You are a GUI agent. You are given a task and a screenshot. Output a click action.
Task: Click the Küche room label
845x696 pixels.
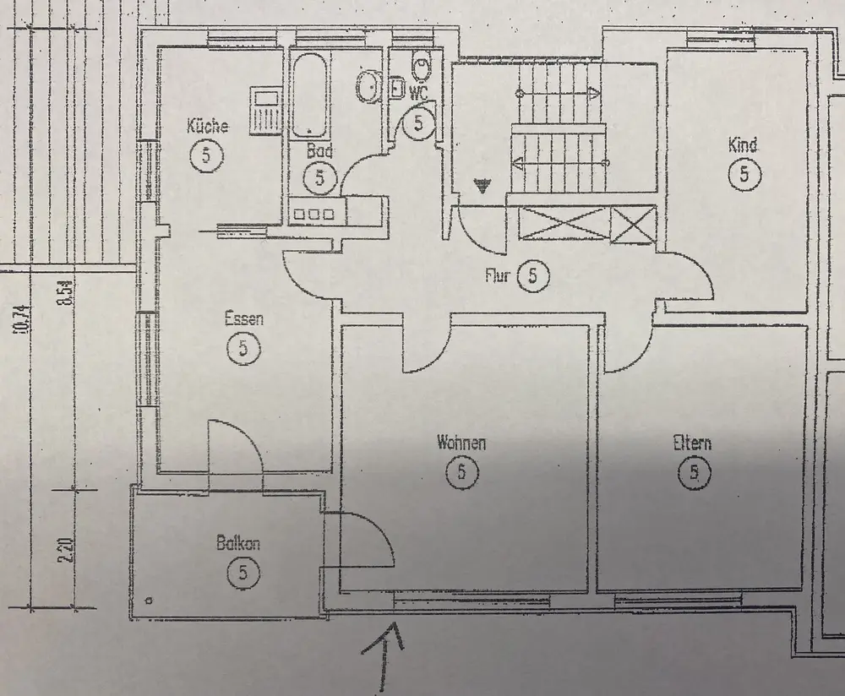tap(207, 128)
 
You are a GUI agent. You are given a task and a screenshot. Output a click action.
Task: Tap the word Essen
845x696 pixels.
tap(243, 319)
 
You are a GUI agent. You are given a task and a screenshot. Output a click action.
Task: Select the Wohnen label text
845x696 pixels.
tap(461, 443)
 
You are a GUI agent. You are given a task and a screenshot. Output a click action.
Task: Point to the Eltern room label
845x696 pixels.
tap(692, 443)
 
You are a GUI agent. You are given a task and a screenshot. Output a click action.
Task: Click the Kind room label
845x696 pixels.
tap(743, 145)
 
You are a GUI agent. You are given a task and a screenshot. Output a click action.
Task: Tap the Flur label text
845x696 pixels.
tap(497, 275)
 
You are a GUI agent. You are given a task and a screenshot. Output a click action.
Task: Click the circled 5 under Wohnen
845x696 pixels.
tap(461, 471)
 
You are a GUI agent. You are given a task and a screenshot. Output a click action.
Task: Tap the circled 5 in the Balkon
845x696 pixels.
tap(243, 574)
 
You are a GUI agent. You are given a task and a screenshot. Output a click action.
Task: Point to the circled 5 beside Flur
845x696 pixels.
tap(532, 275)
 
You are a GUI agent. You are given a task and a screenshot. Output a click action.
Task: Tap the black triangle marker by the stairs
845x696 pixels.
tap(482, 186)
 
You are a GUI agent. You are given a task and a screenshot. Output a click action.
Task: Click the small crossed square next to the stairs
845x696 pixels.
tap(633, 226)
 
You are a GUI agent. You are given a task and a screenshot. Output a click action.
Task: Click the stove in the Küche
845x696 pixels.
tap(266, 108)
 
